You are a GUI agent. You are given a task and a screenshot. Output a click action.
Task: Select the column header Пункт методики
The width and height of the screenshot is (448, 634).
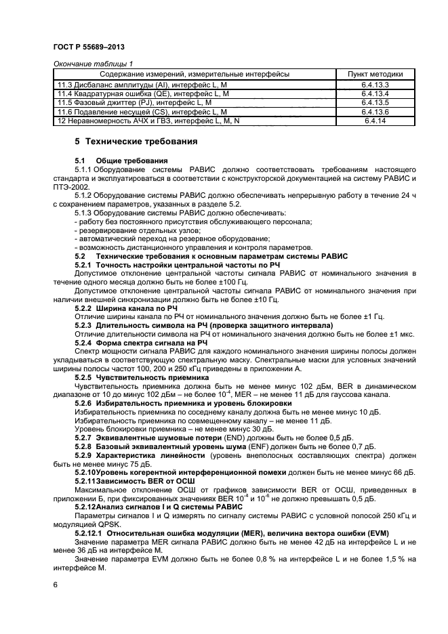point(375,73)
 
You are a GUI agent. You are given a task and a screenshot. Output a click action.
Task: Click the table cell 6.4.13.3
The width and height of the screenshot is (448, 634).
point(375,84)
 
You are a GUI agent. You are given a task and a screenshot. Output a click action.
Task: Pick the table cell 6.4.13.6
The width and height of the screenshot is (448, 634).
point(375,111)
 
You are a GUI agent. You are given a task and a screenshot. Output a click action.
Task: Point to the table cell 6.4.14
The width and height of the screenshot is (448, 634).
point(375,121)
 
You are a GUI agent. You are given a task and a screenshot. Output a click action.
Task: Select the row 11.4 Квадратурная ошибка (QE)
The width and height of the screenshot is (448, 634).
point(143,93)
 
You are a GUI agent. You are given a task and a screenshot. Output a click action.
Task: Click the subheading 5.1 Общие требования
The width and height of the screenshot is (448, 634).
point(122,161)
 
